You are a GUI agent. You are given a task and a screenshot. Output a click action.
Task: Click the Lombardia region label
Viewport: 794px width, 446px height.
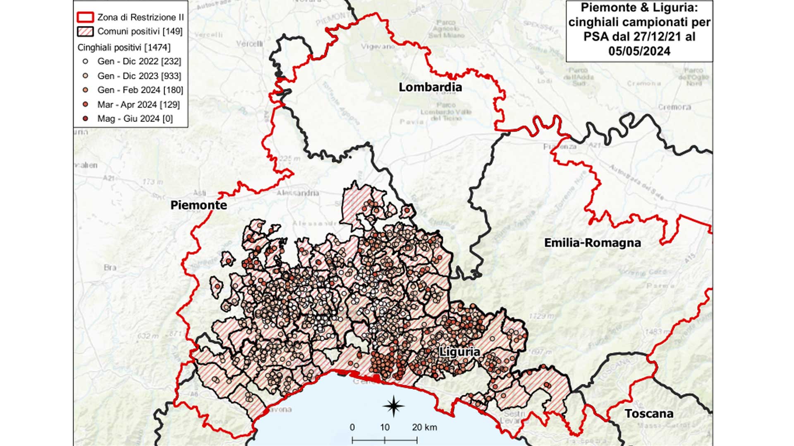coord(430,87)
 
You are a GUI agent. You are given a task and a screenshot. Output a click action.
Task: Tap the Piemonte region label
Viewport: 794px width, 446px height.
coord(198,205)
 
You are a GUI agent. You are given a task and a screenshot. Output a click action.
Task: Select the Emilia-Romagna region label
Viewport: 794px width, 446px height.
coord(592,243)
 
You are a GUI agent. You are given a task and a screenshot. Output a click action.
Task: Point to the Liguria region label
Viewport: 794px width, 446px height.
coord(459,352)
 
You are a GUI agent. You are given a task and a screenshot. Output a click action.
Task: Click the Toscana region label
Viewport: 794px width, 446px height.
coord(649,413)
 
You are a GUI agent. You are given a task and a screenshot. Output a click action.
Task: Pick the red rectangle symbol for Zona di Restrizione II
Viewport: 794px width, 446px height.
coord(85,17)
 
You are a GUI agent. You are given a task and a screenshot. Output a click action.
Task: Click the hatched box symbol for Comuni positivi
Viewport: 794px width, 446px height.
coord(85,31)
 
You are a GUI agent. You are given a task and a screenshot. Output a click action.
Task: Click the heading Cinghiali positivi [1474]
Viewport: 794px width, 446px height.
coord(124,47)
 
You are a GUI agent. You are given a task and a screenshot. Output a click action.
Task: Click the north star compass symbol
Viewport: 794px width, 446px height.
coord(393,406)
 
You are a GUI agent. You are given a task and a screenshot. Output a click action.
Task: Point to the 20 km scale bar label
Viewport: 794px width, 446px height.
coord(424,427)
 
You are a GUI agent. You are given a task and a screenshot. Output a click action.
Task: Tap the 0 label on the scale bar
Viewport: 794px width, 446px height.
coord(352,427)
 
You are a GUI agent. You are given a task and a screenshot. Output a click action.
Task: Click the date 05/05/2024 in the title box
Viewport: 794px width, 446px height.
coord(639,51)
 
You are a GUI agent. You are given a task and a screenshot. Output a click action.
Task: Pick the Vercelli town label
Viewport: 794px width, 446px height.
coord(249,44)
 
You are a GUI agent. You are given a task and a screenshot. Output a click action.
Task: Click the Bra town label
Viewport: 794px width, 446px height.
coord(110,268)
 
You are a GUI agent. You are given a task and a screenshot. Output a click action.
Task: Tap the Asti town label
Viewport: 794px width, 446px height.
coord(200,193)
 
